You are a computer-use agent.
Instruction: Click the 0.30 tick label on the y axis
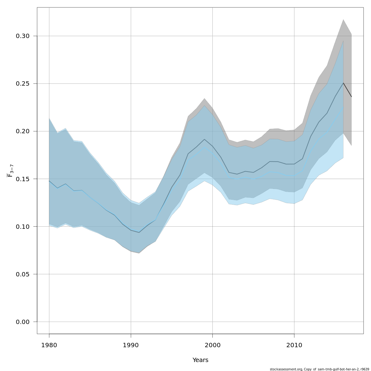point(23,36)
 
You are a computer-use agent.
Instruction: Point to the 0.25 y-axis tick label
point(23,84)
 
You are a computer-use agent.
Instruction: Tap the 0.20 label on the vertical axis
point(23,131)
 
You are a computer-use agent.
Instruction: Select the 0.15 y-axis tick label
point(23,179)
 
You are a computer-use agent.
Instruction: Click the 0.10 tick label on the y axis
point(23,227)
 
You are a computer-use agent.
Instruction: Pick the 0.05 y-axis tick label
point(23,274)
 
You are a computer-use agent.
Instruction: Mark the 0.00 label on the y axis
point(23,322)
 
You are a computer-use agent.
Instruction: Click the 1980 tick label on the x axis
point(49,345)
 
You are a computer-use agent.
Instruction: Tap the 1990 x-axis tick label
point(131,345)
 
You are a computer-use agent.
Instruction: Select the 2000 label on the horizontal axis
point(212,345)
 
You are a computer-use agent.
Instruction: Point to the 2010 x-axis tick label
point(294,345)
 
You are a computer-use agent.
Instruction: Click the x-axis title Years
point(200,360)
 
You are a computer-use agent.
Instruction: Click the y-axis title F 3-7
point(10,171)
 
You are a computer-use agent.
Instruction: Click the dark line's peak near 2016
point(343,83)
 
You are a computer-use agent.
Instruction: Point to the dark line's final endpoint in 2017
point(351,97)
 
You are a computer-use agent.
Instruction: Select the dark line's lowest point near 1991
point(139,232)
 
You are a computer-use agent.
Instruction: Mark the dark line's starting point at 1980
point(49,181)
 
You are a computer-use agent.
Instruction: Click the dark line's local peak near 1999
point(204,139)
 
